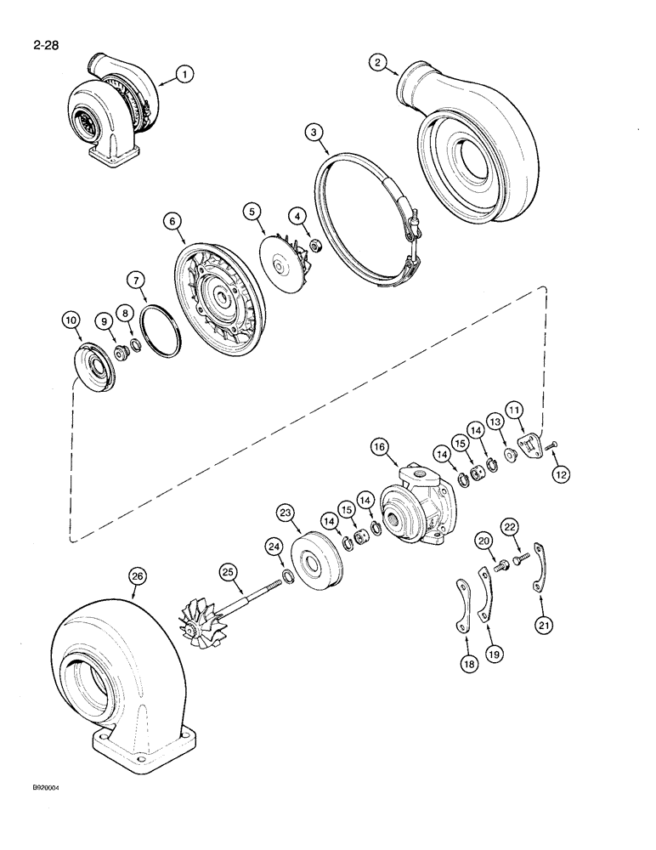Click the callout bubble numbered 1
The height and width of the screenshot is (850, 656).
click(x=184, y=75)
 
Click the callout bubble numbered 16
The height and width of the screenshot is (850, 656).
click(x=380, y=446)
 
